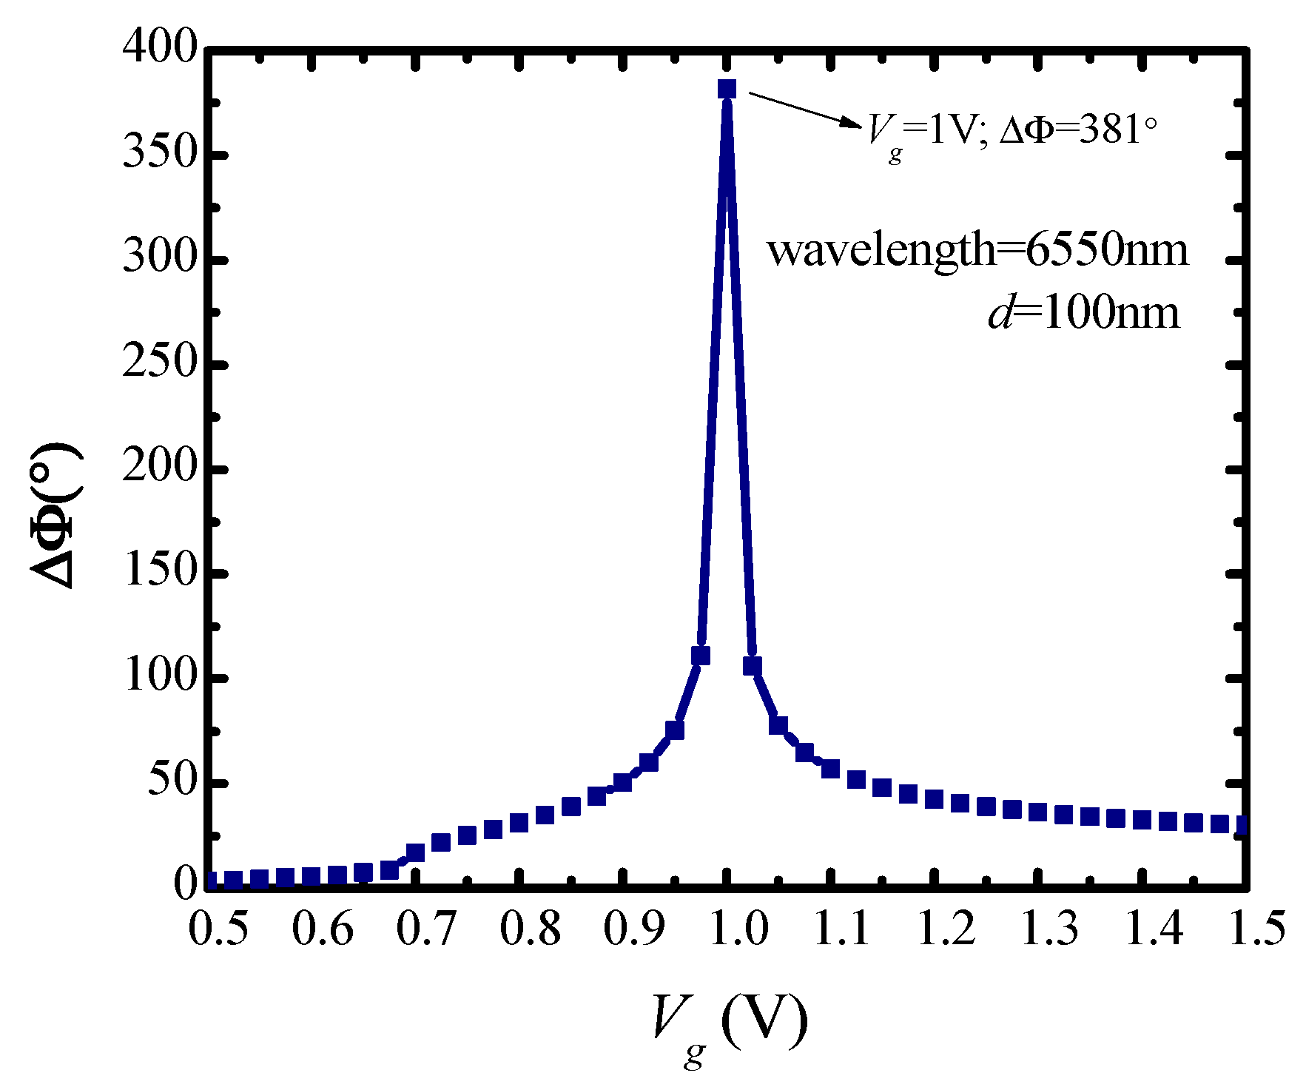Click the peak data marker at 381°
727,89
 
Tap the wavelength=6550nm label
977,249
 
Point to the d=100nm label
1084,313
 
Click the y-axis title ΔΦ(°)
55,516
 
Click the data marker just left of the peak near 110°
701,655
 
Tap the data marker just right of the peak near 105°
753,666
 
